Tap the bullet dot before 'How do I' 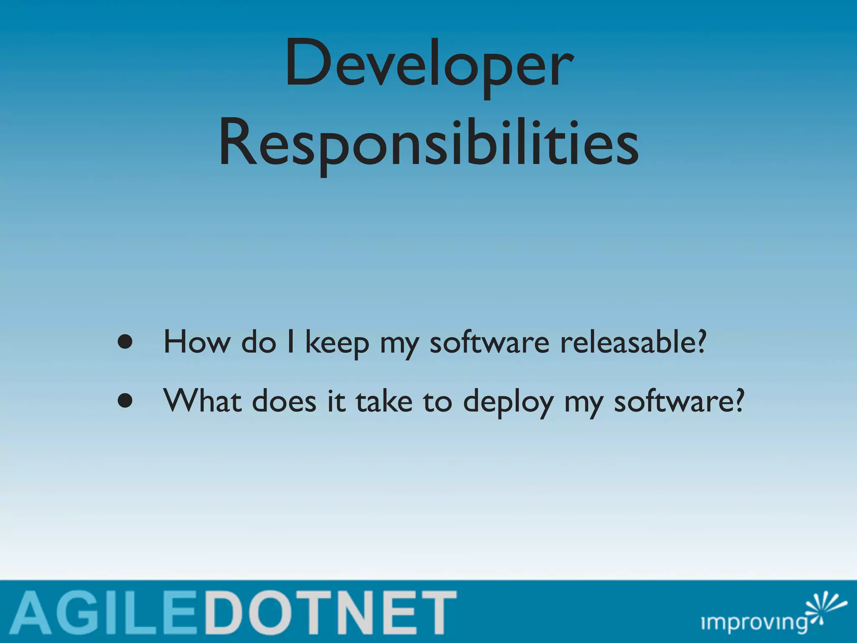click(x=125, y=342)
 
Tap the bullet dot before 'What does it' click(x=125, y=401)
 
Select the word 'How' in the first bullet click(x=196, y=342)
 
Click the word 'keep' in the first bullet click(x=337, y=343)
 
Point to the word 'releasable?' click(x=633, y=342)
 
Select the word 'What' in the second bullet click(x=203, y=401)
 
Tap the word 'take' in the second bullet click(x=384, y=401)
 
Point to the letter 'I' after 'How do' click(x=290, y=342)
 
